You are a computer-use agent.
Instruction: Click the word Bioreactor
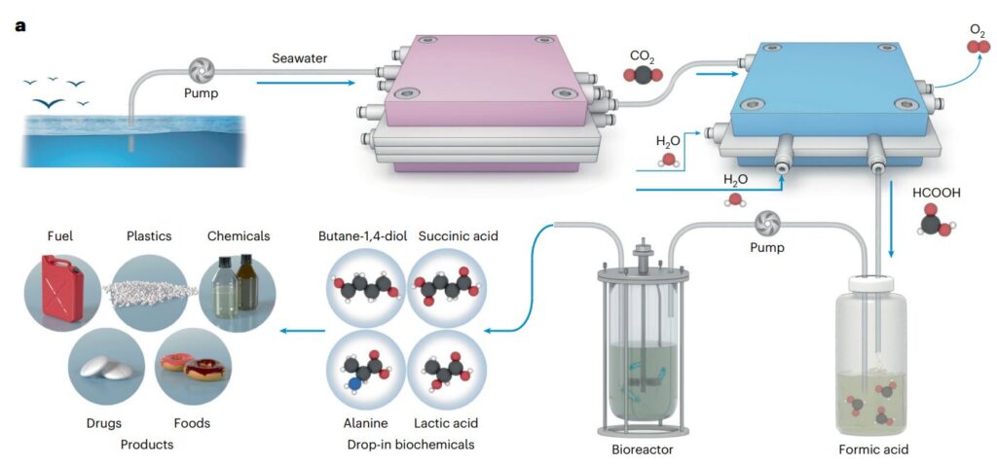click(642, 449)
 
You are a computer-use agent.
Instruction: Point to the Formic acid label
click(873, 449)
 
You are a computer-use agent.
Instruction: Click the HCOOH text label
click(936, 193)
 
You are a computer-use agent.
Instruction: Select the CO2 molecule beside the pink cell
click(644, 74)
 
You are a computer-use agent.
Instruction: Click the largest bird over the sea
click(50, 103)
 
